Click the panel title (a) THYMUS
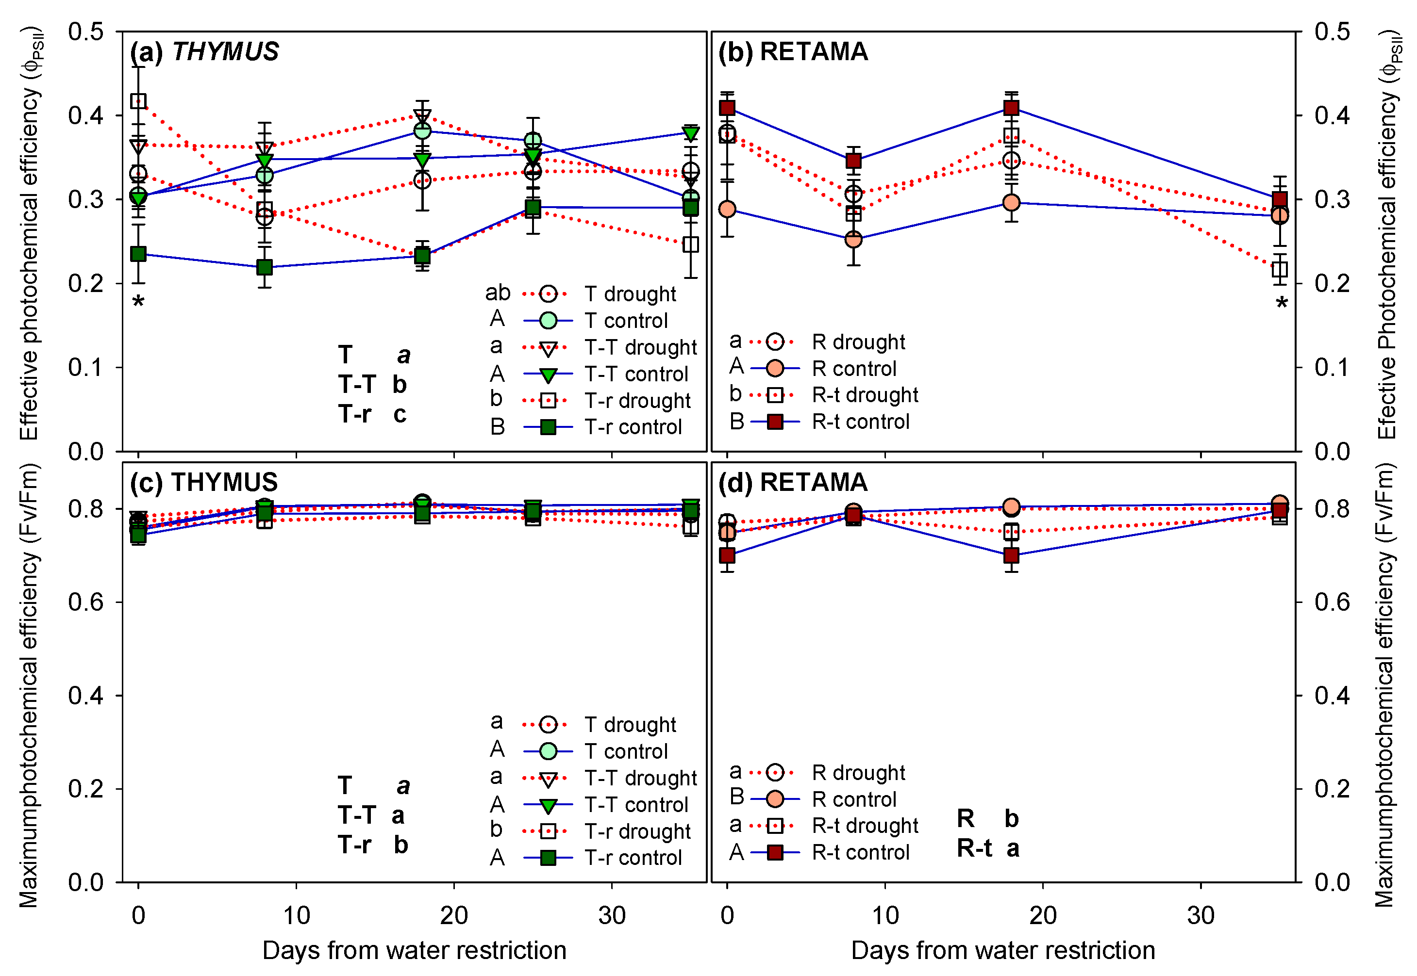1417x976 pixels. (x=204, y=52)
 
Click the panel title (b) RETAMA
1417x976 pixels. (x=793, y=52)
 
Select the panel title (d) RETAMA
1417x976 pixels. (x=793, y=483)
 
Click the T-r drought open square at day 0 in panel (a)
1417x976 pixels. (x=139, y=101)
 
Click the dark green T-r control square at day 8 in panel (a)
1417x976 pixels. (x=264, y=267)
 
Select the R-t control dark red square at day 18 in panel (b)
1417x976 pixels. (x=1011, y=108)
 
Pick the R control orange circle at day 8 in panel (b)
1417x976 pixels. (x=853, y=239)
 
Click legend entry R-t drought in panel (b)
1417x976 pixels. (x=864, y=395)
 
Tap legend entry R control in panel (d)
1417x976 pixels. (x=853, y=799)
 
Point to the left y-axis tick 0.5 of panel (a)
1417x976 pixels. (x=85, y=32)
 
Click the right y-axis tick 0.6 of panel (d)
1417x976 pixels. (x=1333, y=602)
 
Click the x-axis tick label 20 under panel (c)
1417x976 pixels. (x=453, y=915)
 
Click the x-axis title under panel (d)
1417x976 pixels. (x=1003, y=951)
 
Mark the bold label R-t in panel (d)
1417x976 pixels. (x=974, y=849)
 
